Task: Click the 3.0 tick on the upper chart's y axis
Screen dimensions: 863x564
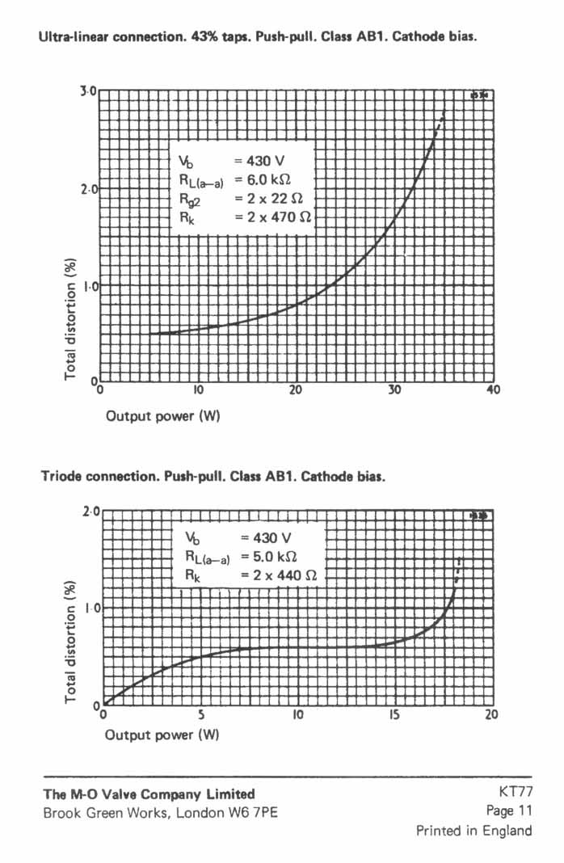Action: (87, 91)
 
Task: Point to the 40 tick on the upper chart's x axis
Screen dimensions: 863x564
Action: (494, 389)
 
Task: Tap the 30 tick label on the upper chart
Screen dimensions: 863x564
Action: (394, 389)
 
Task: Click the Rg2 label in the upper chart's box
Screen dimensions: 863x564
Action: (189, 199)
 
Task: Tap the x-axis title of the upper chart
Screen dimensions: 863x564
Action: (162, 416)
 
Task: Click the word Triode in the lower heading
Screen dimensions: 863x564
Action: (61, 476)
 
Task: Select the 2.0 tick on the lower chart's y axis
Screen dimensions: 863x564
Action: (90, 511)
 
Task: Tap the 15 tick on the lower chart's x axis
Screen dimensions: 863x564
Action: (395, 714)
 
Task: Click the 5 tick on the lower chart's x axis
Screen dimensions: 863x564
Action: (201, 714)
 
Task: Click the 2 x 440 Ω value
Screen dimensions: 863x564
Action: (279, 575)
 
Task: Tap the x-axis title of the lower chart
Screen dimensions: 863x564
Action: (162, 735)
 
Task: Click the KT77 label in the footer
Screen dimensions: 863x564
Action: (516, 793)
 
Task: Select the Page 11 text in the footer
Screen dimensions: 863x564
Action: (509, 810)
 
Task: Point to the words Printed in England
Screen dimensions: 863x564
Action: (474, 830)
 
